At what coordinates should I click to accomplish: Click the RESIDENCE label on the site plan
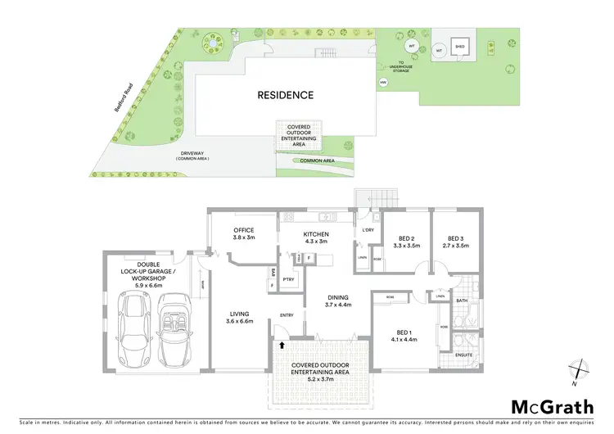pos(285,95)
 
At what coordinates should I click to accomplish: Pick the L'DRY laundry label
pos(368,230)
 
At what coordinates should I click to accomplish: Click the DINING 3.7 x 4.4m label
pos(337,301)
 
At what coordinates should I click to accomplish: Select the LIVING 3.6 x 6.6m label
pos(241,317)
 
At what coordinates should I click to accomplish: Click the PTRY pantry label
pos(288,279)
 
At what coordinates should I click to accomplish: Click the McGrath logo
pos(553,407)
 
